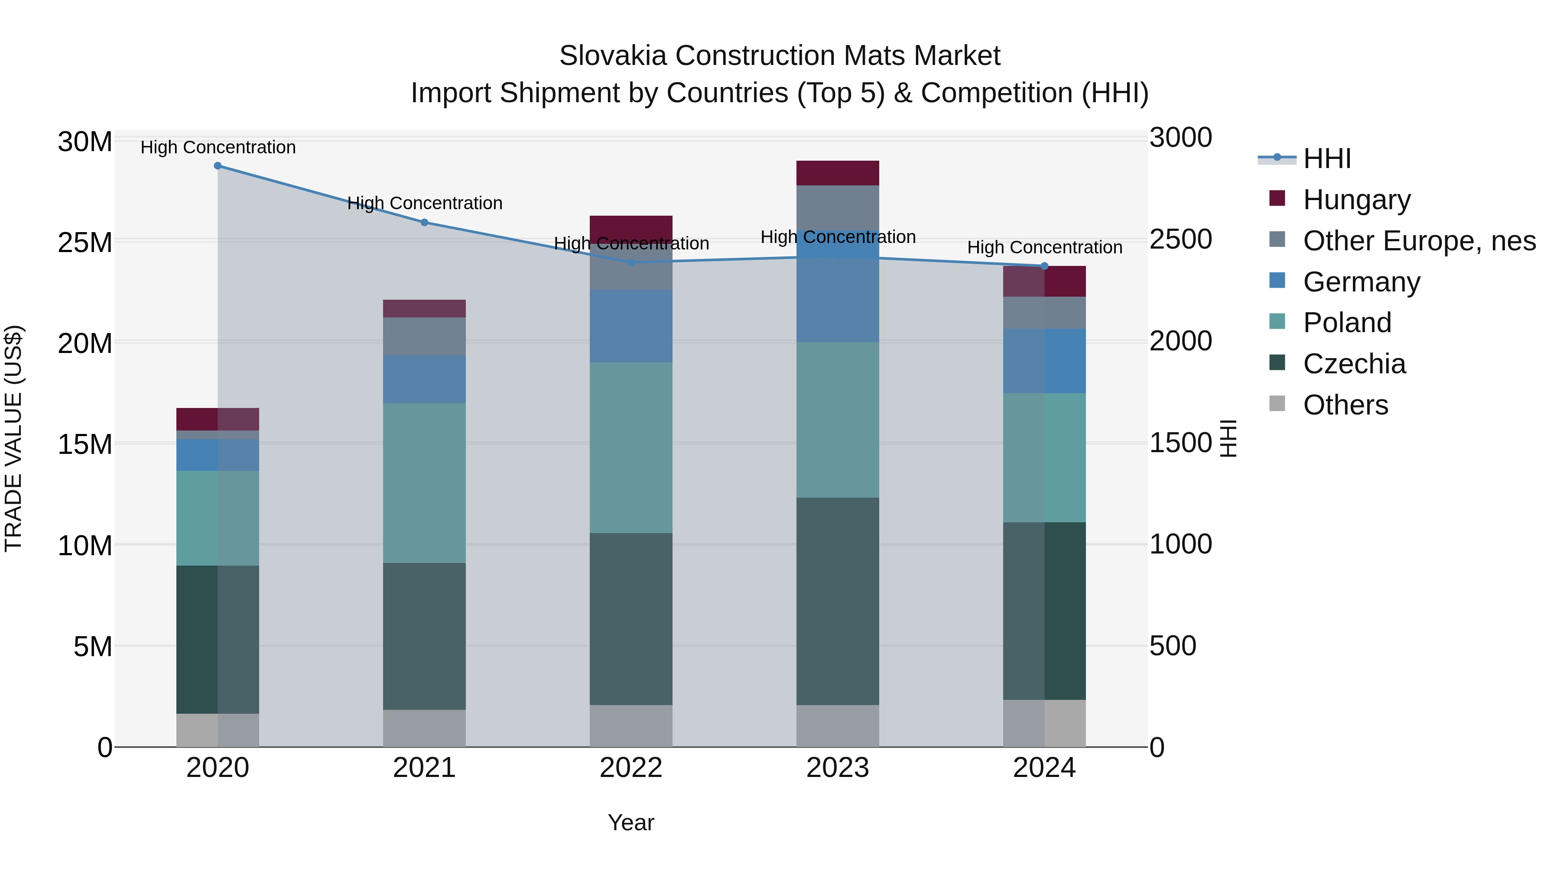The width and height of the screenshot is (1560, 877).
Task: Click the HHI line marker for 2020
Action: coord(218,166)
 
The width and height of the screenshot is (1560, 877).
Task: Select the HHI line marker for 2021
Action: coord(425,222)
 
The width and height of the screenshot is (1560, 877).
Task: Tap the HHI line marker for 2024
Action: coord(1044,266)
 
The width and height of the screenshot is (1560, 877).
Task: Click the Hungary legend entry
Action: coord(1356,200)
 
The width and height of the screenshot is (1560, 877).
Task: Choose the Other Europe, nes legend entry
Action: coord(1419,241)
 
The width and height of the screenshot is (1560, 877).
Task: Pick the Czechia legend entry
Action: coord(1354,364)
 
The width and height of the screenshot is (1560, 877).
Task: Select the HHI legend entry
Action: coord(1327,159)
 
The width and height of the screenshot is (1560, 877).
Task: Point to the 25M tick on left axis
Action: coord(85,243)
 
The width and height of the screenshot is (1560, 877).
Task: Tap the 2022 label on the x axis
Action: coord(631,768)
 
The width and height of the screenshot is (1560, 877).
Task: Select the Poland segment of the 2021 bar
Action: coord(425,483)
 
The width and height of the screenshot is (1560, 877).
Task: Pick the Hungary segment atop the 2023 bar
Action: coord(838,173)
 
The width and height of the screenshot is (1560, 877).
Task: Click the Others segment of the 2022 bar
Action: coord(631,726)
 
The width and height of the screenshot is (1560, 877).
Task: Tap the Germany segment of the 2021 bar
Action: coord(425,379)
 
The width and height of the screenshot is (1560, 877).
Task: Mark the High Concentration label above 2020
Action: coord(218,147)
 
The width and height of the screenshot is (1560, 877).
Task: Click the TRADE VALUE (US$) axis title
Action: coord(13,438)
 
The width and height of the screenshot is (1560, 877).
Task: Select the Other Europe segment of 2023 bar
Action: coord(838,207)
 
